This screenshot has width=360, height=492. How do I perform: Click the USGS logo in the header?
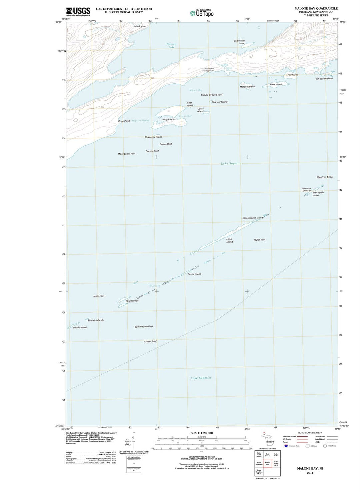coord(78,12)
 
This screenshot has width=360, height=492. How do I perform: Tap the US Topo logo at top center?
coord(202,13)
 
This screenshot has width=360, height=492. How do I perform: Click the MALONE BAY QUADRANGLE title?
coord(316,8)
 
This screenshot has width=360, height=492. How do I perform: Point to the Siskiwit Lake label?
coord(171,46)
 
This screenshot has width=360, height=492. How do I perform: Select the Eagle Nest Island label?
coord(239,42)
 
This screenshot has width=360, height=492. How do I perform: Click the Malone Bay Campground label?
coord(209,70)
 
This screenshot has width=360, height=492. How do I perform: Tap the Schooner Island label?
coord(324,79)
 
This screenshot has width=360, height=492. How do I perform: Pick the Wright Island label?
coord(169,120)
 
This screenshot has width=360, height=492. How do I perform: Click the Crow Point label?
coord(124,121)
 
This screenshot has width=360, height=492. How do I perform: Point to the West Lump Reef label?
coord(127,154)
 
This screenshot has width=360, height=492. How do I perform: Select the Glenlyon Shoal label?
coord(325,177)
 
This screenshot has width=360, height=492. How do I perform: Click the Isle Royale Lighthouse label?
coord(306,190)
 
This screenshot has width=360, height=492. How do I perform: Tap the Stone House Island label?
coord(253,218)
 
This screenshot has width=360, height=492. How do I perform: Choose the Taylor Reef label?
coord(259,240)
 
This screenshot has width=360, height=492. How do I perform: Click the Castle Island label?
coord(194,274)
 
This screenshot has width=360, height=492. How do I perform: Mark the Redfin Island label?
coord(80,327)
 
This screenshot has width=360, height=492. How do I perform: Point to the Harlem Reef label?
coord(150,341)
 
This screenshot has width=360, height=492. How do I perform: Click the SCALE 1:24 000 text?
coord(201,433)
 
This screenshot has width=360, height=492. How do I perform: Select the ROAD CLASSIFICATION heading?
coord(310,433)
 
